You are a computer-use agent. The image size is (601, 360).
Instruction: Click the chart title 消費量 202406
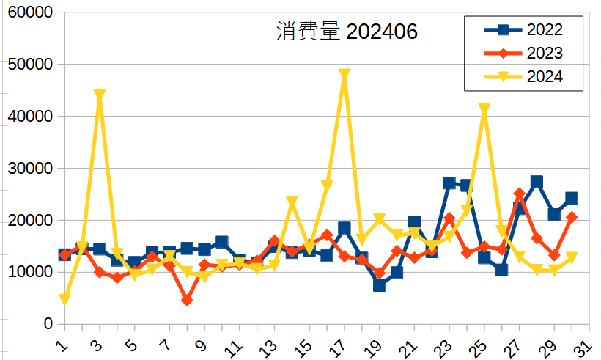[x=347, y=32]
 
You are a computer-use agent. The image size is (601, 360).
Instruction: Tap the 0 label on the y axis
[x=48, y=324]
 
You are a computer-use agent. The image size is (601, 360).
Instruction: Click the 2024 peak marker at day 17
[x=344, y=75]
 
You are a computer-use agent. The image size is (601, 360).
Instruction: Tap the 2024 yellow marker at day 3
[x=100, y=95]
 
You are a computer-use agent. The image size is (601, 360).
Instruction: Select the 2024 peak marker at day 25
[x=484, y=109]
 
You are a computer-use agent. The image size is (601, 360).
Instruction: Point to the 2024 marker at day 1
[x=64, y=299]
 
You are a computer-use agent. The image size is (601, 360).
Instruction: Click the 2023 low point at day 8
[x=187, y=301]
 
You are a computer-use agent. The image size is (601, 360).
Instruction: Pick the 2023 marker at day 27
[x=519, y=194]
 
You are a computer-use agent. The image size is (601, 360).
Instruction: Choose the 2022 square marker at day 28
[x=537, y=182]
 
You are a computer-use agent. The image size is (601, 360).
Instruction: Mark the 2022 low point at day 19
[x=379, y=285]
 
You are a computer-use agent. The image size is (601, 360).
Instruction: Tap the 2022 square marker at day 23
[x=449, y=183]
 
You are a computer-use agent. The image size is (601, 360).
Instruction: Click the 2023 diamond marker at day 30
[x=572, y=217]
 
